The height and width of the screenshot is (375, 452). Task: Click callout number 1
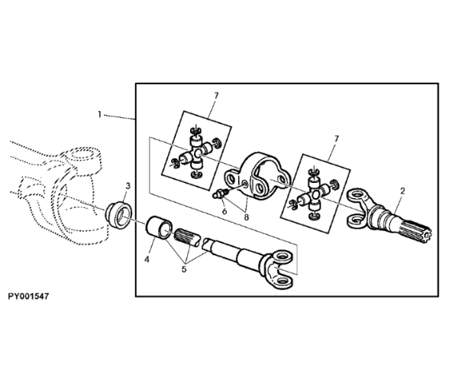pyautogui.click(x=99, y=115)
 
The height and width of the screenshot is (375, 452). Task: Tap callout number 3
pyautogui.click(x=128, y=186)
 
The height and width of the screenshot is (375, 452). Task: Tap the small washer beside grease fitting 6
pyautogui.click(x=241, y=184)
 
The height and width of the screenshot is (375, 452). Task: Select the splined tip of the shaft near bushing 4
pyautogui.click(x=188, y=236)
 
